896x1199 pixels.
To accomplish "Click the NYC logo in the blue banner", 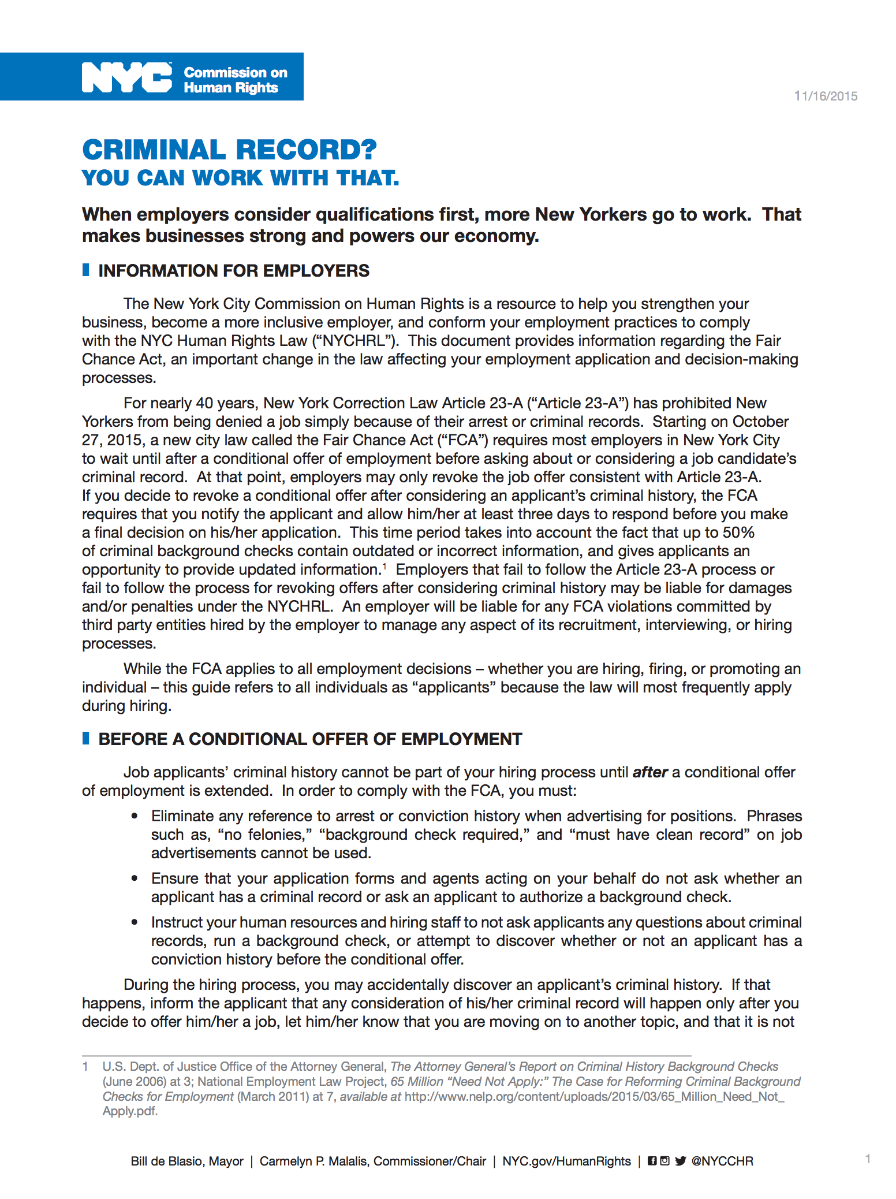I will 127,77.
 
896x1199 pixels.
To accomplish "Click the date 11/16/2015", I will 826,96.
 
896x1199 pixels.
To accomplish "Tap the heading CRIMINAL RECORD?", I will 229,150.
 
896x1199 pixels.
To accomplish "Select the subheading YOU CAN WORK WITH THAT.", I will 240,178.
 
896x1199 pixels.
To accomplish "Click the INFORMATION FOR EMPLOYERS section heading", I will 233,271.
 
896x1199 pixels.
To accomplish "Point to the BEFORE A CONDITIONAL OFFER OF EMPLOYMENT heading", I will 310,739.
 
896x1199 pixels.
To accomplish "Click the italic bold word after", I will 650,773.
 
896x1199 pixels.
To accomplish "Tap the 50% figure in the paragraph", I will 738,533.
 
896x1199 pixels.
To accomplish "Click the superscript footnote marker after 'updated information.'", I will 384,566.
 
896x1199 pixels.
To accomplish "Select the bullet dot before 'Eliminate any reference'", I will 135,816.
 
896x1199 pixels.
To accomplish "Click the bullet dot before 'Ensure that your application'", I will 135,878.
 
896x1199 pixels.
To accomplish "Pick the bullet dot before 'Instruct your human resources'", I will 135,922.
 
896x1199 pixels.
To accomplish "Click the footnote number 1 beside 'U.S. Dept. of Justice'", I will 85,1067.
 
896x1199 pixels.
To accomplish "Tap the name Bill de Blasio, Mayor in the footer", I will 187,1161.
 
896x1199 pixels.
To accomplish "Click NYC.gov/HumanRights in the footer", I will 566,1161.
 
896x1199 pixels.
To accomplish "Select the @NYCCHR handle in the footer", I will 722,1161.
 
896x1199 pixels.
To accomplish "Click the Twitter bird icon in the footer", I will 680,1161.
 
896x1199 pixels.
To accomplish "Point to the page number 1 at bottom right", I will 868,1159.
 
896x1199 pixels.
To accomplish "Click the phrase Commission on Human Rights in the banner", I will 235,80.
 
